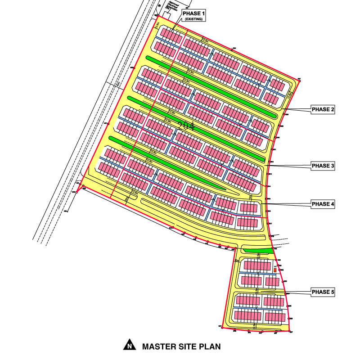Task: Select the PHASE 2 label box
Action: coord(323,109)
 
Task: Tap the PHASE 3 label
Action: coord(323,166)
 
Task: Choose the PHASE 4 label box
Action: coord(323,204)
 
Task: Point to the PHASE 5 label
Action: coord(323,292)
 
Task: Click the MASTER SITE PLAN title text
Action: coord(181,346)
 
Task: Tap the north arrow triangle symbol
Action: coord(130,345)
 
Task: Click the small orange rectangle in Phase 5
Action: coord(275,270)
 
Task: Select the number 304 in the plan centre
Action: coord(186,126)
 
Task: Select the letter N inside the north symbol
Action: coord(130,346)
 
